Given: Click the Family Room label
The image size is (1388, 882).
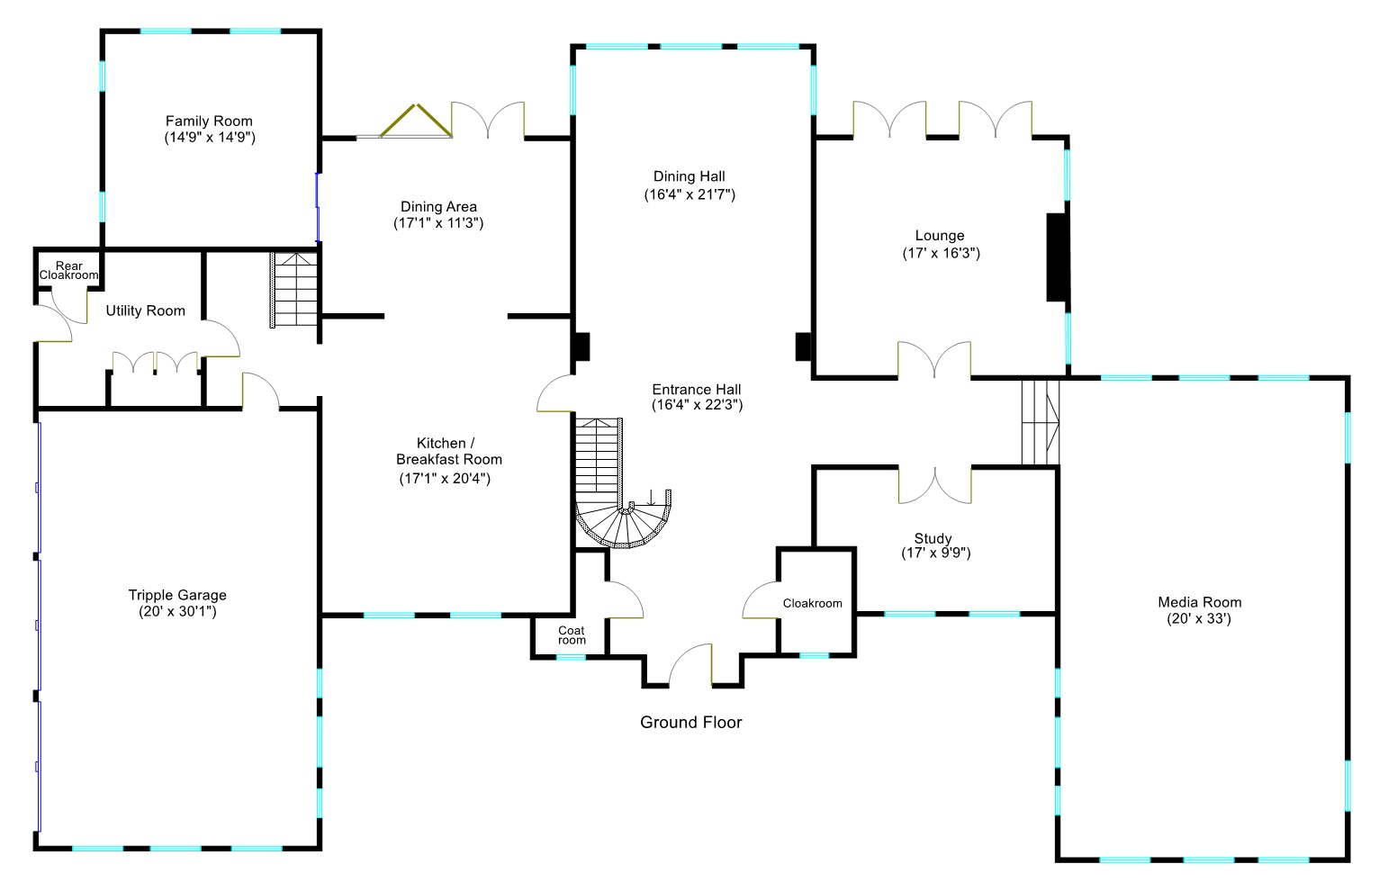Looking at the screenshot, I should click(209, 121).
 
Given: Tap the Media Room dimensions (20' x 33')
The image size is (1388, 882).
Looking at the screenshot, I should click(1199, 619).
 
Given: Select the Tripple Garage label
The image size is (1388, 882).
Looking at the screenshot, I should click(177, 595).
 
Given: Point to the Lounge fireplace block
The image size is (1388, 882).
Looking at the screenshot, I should click(1057, 256).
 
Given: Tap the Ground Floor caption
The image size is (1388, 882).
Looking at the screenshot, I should click(690, 722).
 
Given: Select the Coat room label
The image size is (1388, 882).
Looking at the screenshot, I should click(572, 635).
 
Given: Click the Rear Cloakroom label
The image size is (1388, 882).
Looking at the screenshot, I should click(68, 270).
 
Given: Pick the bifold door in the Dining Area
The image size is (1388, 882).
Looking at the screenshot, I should click(415, 121).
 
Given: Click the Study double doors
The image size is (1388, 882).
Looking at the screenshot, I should click(934, 485).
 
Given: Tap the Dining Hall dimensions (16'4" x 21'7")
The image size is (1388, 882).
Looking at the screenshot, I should click(689, 194).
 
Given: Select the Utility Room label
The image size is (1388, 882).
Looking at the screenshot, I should click(145, 310).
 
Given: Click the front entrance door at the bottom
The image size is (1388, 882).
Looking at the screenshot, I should click(691, 666).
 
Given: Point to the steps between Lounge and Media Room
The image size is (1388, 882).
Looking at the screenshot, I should click(1041, 421).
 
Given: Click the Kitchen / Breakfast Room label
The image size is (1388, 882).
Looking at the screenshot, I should click(448, 451).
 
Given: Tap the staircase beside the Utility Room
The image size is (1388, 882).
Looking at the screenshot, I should click(295, 290).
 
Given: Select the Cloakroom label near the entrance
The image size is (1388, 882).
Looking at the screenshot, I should click(812, 603).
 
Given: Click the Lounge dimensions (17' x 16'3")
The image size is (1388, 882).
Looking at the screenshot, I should click(941, 253).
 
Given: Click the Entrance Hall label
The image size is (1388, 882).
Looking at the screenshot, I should click(697, 389).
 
